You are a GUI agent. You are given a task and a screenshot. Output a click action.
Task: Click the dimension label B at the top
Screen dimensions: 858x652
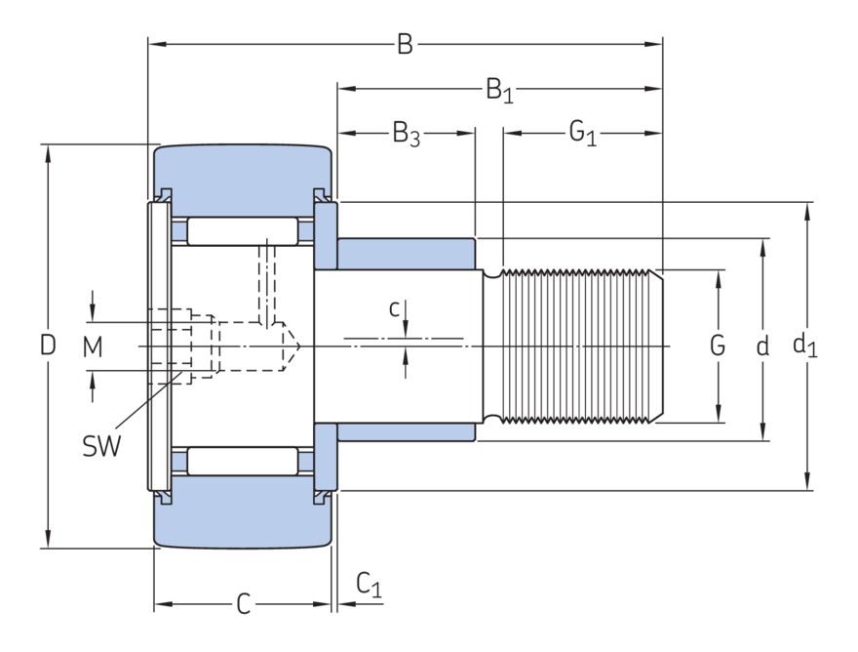pyautogui.click(x=405, y=44)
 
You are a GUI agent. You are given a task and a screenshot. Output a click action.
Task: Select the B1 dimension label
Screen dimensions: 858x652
pyautogui.click(x=499, y=90)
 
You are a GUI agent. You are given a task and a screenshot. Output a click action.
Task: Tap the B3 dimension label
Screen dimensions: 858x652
pyautogui.click(x=407, y=135)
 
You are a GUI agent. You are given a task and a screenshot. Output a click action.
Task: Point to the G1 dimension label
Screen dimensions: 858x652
pyautogui.click(x=583, y=133)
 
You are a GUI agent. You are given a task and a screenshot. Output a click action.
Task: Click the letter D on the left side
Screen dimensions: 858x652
pyautogui.click(x=48, y=346)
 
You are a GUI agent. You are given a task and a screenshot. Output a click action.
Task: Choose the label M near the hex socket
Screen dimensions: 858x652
pyautogui.click(x=93, y=346)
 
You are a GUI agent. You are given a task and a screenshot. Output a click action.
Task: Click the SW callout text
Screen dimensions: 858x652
pyautogui.click(x=101, y=446)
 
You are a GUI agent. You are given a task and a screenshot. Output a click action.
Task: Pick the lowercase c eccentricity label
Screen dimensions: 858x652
pyautogui.click(x=395, y=309)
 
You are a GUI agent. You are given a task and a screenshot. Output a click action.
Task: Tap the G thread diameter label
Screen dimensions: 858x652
pyautogui.click(x=718, y=346)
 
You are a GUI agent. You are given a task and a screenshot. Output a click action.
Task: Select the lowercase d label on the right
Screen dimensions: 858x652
pyautogui.click(x=762, y=346)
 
